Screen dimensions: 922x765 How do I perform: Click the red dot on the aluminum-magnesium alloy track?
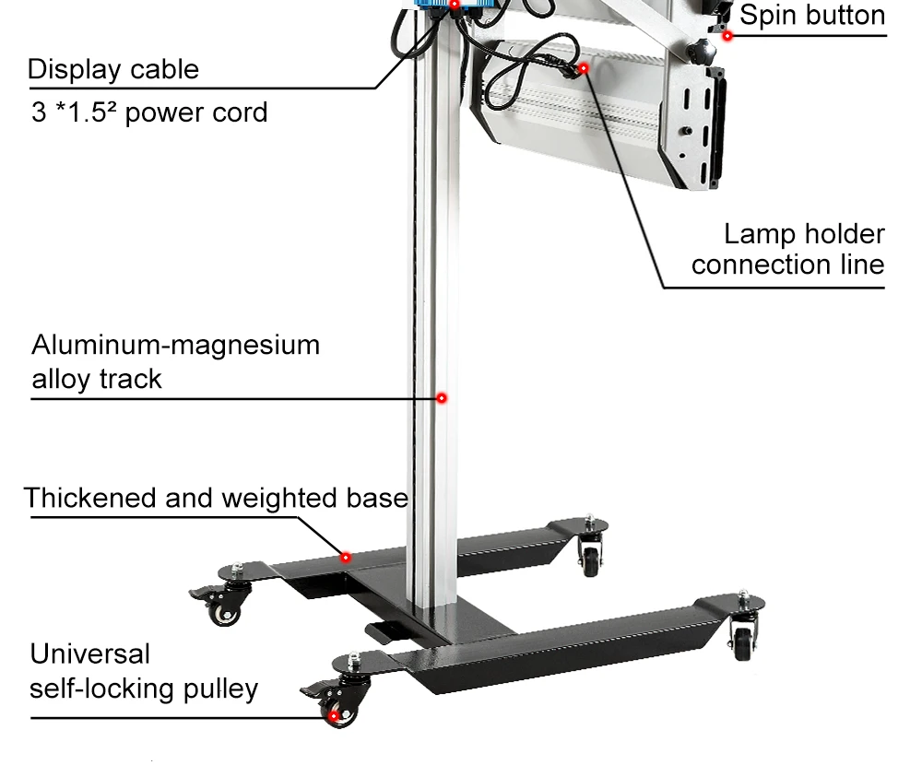tap(442, 398)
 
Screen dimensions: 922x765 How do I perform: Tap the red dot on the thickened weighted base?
tap(346, 557)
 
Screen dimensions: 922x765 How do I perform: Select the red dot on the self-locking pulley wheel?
tap(334, 715)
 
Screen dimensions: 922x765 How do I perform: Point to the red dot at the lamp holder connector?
tap(584, 68)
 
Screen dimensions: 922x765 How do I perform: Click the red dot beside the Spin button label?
tap(727, 36)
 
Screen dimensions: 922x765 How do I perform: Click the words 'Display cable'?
tap(113, 69)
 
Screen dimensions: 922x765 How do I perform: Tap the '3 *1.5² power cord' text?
tap(149, 112)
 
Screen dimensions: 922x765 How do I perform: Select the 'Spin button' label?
tap(812, 15)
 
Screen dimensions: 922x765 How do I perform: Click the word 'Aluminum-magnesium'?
tap(176, 345)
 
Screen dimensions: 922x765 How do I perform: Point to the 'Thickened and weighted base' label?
tap(216, 498)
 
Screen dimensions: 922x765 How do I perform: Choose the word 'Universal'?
tap(90, 653)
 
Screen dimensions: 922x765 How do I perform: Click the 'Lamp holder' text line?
tap(804, 234)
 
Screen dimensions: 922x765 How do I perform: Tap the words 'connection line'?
tap(788, 265)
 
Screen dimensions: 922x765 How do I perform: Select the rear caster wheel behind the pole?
tap(590, 559)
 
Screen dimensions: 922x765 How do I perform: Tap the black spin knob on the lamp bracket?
tap(702, 53)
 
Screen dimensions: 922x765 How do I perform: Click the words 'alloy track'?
tap(97, 380)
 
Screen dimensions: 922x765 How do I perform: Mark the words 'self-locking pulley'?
tap(144, 688)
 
